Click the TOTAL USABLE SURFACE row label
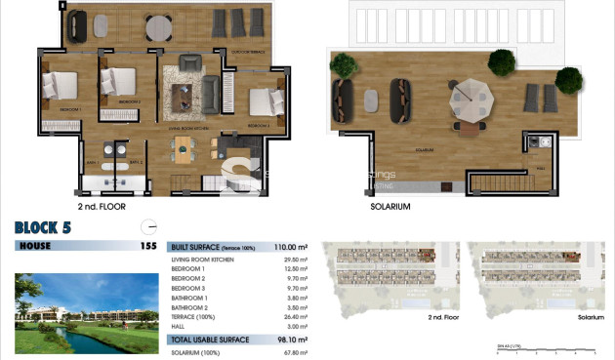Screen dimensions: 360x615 (210, 340)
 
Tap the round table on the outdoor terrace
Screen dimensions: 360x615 (158, 26)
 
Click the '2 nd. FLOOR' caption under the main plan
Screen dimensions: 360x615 (101, 207)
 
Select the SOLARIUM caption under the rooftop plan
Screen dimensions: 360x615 (390, 207)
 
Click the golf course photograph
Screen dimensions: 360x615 (86, 312)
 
